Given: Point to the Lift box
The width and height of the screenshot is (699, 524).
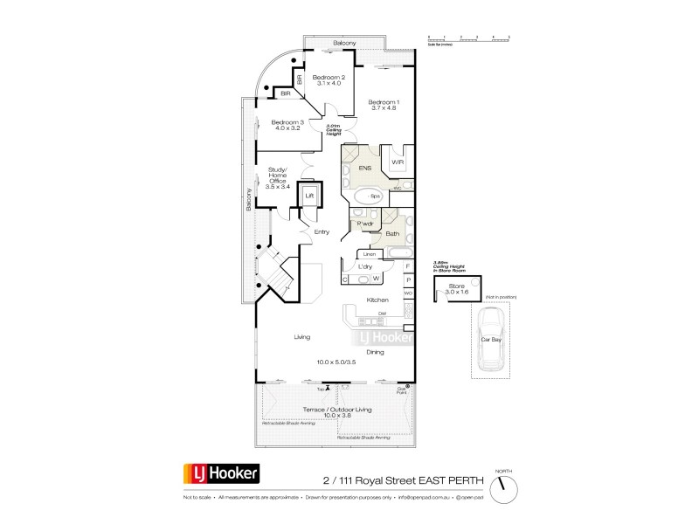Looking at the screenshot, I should click(x=308, y=196).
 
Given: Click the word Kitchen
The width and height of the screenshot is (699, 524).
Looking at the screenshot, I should click(x=377, y=300).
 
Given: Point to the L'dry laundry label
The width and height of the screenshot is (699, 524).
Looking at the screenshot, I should click(x=365, y=266).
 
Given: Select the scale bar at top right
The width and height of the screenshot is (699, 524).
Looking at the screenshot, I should click(x=468, y=38).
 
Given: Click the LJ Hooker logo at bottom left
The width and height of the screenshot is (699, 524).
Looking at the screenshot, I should click(x=220, y=474).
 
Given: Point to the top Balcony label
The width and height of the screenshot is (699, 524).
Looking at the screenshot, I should click(x=344, y=43).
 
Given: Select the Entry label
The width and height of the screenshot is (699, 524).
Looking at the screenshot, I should click(x=322, y=231).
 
